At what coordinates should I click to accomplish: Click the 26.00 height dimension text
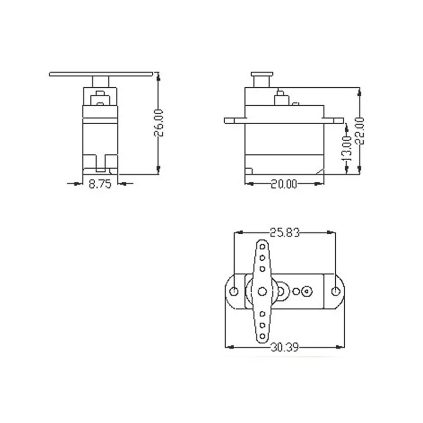(159, 123)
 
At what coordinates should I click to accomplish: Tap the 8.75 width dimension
(100, 184)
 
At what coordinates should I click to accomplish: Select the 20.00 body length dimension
(284, 184)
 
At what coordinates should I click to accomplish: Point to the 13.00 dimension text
(348, 149)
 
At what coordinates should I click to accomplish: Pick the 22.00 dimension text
(360, 131)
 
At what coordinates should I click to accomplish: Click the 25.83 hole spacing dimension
(284, 232)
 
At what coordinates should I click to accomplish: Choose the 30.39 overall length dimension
(284, 347)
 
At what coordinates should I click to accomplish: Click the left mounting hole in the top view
(234, 291)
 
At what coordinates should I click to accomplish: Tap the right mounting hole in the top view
(335, 291)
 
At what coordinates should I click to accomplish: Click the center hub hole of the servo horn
(262, 291)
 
